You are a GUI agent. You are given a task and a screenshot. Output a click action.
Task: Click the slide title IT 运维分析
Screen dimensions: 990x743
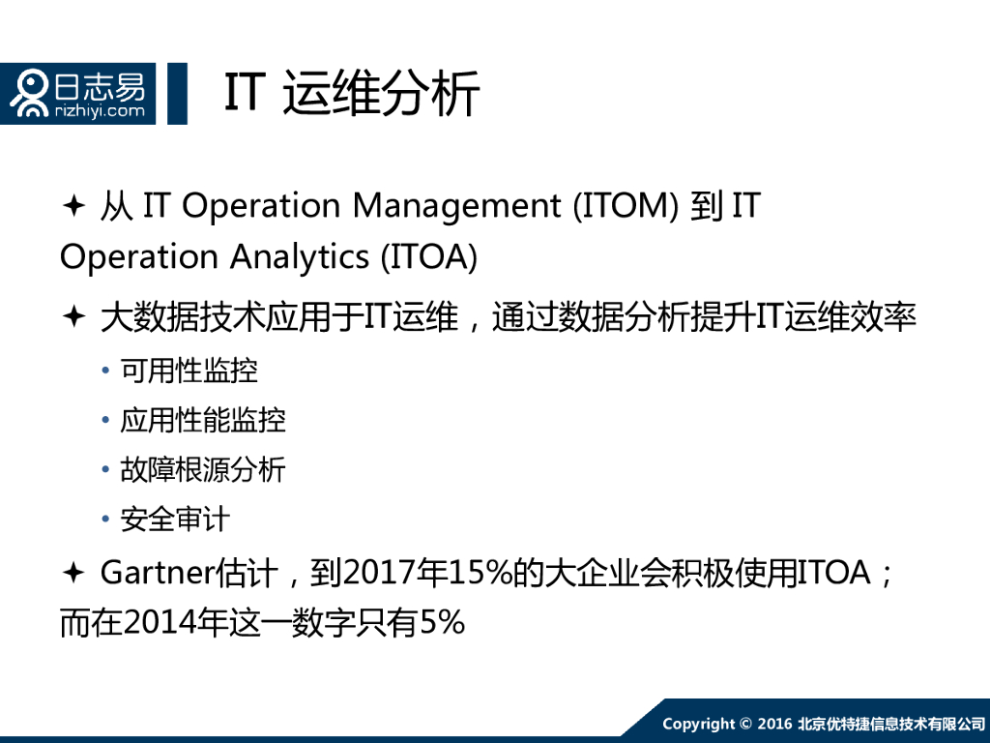click(x=352, y=94)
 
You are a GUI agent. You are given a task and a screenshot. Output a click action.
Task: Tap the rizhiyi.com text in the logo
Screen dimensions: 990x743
click(x=100, y=111)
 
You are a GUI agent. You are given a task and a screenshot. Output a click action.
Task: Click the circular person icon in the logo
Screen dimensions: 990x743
click(x=30, y=94)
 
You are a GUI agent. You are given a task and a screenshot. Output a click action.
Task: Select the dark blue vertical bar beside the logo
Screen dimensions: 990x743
click(x=177, y=94)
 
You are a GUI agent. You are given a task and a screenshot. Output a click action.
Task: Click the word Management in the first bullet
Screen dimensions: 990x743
click(x=456, y=207)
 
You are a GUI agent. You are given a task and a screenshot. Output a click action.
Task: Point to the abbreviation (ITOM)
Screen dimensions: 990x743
click(x=626, y=206)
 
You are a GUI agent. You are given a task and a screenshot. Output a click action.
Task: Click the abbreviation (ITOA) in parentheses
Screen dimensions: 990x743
click(x=428, y=257)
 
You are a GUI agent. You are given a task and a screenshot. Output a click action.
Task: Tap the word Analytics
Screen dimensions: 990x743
click(x=300, y=257)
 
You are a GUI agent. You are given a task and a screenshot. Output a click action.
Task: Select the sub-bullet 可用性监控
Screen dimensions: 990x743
click(x=189, y=371)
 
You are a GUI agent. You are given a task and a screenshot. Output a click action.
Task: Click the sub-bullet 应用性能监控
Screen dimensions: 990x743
click(x=203, y=420)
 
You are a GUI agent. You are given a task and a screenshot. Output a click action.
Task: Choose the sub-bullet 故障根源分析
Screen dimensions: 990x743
click(x=203, y=470)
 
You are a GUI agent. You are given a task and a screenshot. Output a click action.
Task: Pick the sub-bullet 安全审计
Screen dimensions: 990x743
click(x=175, y=520)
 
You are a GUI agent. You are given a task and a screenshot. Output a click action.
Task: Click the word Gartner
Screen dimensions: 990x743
click(x=158, y=573)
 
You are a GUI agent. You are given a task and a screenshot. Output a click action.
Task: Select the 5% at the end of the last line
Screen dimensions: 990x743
click(x=442, y=623)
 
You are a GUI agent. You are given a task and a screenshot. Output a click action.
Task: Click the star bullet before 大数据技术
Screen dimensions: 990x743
click(x=73, y=316)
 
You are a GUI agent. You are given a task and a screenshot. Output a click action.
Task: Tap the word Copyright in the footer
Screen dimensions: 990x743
click(x=698, y=724)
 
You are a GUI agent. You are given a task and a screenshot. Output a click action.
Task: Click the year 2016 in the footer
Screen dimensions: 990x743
click(x=774, y=724)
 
